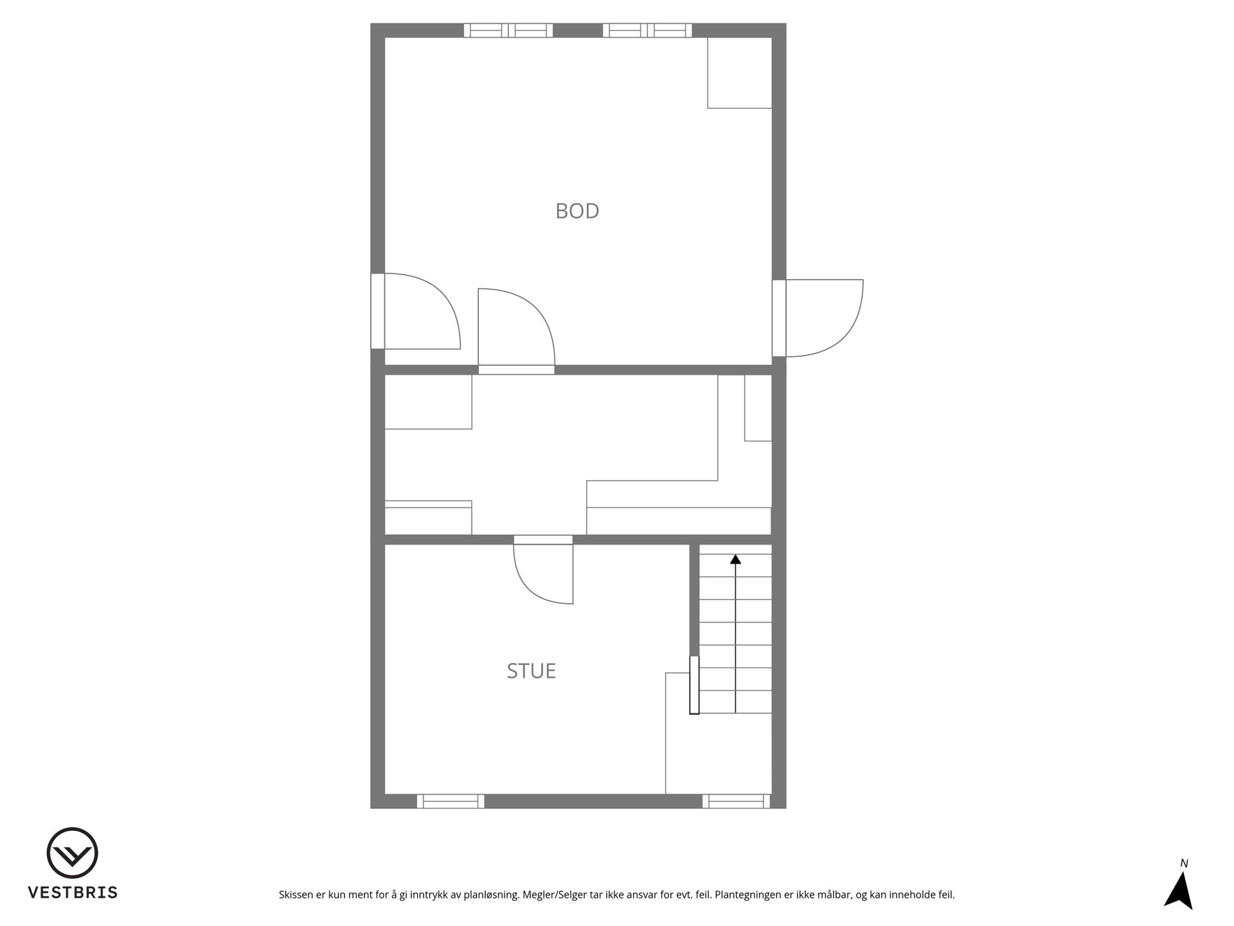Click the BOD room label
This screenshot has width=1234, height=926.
click(x=577, y=211)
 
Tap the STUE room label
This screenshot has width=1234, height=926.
click(x=531, y=671)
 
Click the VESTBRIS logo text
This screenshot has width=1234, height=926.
click(x=73, y=893)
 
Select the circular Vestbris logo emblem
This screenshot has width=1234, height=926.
click(x=73, y=853)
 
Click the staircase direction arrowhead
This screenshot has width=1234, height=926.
click(x=735, y=559)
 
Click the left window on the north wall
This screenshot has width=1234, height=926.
click(x=508, y=30)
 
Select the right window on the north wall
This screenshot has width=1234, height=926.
click(x=647, y=30)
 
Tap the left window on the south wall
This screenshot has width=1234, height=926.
click(x=451, y=801)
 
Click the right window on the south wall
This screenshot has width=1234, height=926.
click(x=736, y=801)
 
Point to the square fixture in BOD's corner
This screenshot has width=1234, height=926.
click(x=740, y=73)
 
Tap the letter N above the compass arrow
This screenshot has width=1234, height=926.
click(x=1184, y=864)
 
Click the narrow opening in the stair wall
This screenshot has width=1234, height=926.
click(x=694, y=685)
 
